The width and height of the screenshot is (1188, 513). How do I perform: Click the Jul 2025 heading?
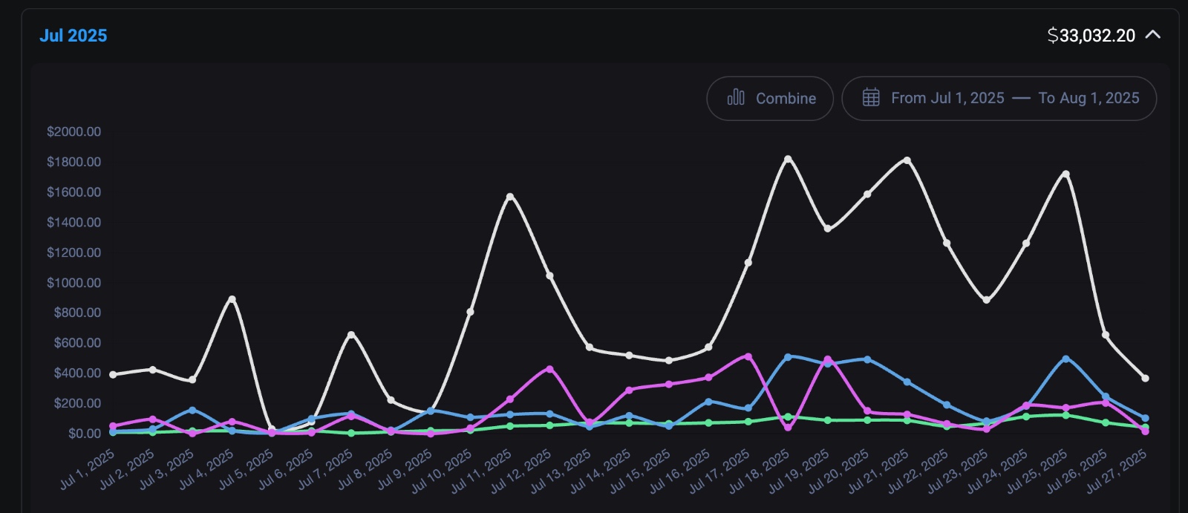pyautogui.click(x=73, y=36)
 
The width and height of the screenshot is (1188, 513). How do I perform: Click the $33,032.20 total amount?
pyautogui.click(x=1091, y=36)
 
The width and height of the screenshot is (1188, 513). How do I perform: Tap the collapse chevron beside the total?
pyautogui.click(x=1152, y=35)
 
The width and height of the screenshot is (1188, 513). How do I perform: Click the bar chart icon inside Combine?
pyautogui.click(x=736, y=98)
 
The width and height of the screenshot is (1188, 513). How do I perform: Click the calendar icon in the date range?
pyautogui.click(x=871, y=98)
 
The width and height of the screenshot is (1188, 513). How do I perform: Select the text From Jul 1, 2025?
pyautogui.click(x=947, y=98)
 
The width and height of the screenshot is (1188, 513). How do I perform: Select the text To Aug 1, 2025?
pyautogui.click(x=1089, y=98)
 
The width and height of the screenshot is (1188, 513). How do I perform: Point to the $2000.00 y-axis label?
pyautogui.click(x=74, y=131)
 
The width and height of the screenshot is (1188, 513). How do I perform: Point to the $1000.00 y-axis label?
pyautogui.click(x=74, y=283)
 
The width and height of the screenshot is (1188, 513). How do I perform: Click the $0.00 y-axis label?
pyautogui.click(x=84, y=434)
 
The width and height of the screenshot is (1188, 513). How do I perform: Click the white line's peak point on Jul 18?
pyautogui.click(x=788, y=159)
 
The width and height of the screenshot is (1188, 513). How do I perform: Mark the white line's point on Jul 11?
pyautogui.click(x=510, y=197)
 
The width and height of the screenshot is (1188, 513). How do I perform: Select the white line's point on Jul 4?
pyautogui.click(x=232, y=299)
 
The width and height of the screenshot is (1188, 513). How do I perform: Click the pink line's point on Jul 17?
pyautogui.click(x=748, y=356)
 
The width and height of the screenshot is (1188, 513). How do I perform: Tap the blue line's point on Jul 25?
pyautogui.click(x=1065, y=359)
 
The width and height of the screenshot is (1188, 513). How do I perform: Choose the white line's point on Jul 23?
pyautogui.click(x=986, y=300)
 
